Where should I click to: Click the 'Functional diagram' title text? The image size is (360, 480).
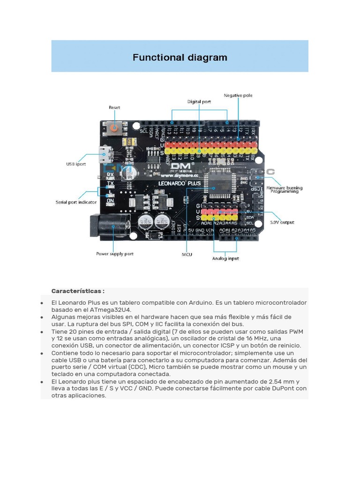pyautogui.click(x=180, y=58)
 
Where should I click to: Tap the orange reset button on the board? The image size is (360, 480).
pyautogui.click(x=113, y=127)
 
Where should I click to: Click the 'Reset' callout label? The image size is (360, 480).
pyautogui.click(x=114, y=107)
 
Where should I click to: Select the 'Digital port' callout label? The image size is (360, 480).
pyautogui.click(x=199, y=101)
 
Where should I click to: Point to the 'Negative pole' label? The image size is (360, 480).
pyautogui.click(x=238, y=95)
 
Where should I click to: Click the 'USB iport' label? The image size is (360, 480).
pyautogui.click(x=75, y=164)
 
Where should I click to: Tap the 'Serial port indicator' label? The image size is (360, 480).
pyautogui.click(x=76, y=202)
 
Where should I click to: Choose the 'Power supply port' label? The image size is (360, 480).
pyautogui.click(x=115, y=254)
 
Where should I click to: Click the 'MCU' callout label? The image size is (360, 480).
pyautogui.click(x=187, y=255)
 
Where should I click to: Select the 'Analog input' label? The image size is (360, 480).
pyautogui.click(x=225, y=258)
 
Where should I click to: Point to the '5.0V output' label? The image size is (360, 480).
pyautogui.click(x=282, y=222)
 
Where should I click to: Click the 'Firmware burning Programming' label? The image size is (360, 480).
pyautogui.click(x=284, y=189)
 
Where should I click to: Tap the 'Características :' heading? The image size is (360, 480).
pyautogui.click(x=78, y=291)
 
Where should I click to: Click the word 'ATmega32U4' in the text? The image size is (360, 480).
pyautogui.click(x=115, y=310)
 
